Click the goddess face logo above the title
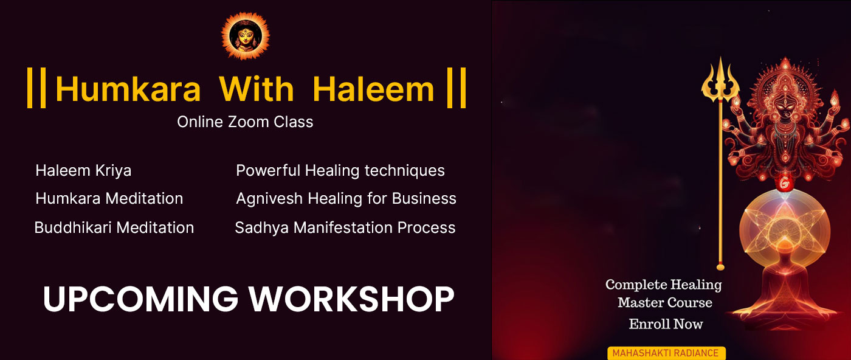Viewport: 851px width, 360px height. (246, 36)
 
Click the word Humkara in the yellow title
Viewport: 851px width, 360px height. (128, 89)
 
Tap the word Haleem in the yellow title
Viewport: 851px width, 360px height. (373, 89)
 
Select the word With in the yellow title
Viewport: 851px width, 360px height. (257, 89)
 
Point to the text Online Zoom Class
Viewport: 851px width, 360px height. (245, 122)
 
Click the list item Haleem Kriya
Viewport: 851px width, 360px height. (83, 171)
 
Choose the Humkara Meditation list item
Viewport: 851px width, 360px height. (109, 198)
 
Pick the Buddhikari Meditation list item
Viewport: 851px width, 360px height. (114, 227)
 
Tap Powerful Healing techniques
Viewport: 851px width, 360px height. (340, 171)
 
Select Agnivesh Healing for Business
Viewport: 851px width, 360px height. (346, 198)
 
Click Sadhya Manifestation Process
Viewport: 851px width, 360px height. (345, 227)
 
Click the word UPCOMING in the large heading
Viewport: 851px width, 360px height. (140, 299)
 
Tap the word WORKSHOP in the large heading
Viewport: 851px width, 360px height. (351, 299)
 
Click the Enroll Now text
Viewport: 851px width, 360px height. (666, 324)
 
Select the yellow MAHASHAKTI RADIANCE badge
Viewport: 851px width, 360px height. (666, 353)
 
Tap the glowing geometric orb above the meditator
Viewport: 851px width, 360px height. (784, 229)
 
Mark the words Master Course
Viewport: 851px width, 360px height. (665, 303)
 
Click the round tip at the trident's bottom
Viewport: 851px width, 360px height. (720, 267)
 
